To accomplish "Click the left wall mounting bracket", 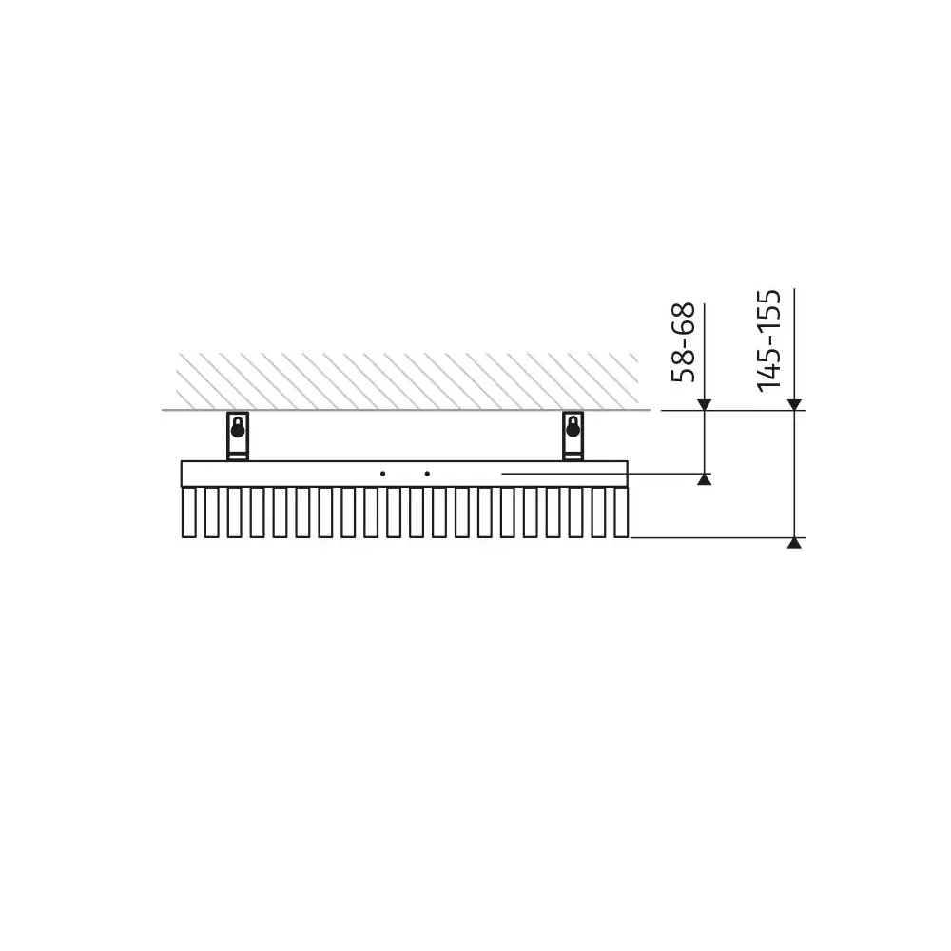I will [237, 436].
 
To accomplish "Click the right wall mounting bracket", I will [572, 436].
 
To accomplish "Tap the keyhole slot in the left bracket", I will [237, 429].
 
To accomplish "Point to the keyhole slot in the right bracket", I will [572, 429].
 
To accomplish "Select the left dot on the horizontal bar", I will [382, 473].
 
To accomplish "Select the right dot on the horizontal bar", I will [428, 473].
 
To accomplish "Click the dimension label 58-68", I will [684, 342].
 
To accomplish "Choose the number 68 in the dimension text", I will [684, 319].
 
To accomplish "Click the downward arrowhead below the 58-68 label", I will [704, 405].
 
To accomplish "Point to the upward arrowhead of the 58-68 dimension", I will [704, 479].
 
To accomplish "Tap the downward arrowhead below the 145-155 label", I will [794, 405].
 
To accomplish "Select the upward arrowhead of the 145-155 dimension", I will [794, 543].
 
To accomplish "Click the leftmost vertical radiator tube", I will [187, 513].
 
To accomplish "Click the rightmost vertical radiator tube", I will [621, 513].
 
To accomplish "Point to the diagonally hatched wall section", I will [409, 381].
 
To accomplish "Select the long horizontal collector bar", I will [285, 474].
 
